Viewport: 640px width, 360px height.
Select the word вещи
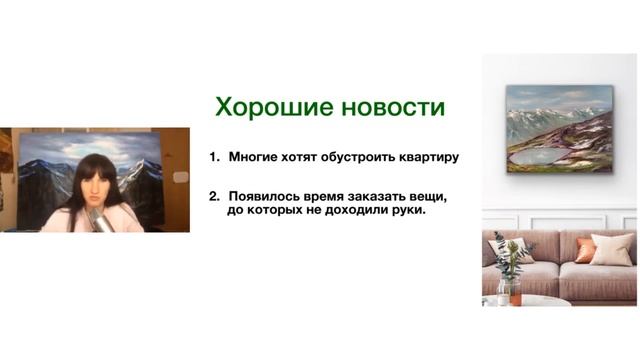coord(426,195)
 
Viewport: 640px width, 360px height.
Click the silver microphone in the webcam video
coord(99,219)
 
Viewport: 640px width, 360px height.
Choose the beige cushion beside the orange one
coord(612,249)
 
